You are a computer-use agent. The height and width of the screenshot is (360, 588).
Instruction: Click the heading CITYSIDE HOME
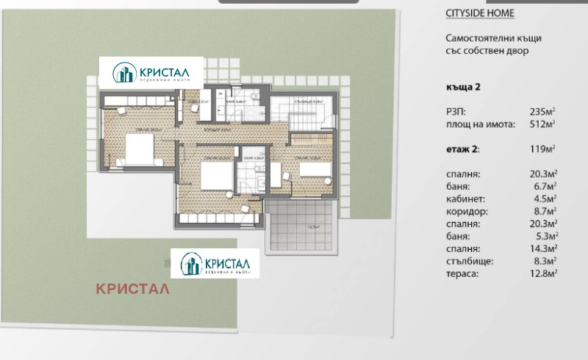pos(480,13)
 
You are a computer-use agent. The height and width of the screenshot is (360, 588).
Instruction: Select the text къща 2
pos(463,87)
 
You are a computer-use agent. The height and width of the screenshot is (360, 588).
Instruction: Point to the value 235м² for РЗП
pos(542,112)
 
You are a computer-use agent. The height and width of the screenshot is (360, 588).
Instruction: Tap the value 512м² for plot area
pos(542,123)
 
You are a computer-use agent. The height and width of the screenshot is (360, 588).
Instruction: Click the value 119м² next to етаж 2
pos(542,149)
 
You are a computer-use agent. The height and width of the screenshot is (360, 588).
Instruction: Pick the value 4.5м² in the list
pos(544,198)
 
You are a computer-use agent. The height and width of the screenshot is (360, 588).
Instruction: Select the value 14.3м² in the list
pos(542,248)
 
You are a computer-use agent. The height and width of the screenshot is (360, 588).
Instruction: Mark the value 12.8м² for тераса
pos(542,273)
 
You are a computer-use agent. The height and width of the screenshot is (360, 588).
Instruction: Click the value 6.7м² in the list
pos(544,186)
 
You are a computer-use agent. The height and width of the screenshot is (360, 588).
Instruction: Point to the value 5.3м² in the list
pos(544,236)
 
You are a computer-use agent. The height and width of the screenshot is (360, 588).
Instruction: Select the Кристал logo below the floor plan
pos(216,263)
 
